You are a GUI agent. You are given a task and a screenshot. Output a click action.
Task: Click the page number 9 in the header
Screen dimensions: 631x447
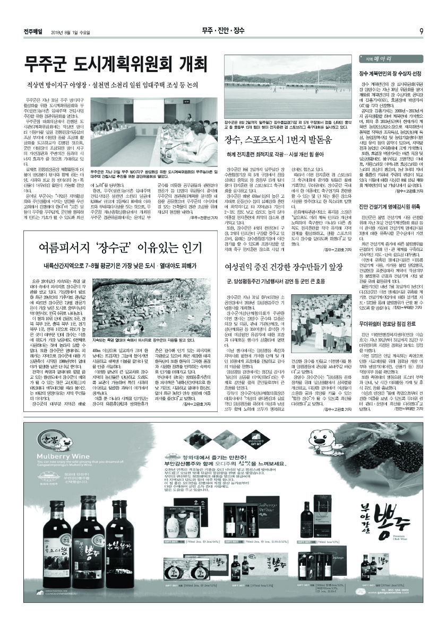pos(420,31)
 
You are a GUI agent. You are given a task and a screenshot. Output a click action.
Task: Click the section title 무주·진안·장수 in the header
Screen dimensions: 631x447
pos(223,31)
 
